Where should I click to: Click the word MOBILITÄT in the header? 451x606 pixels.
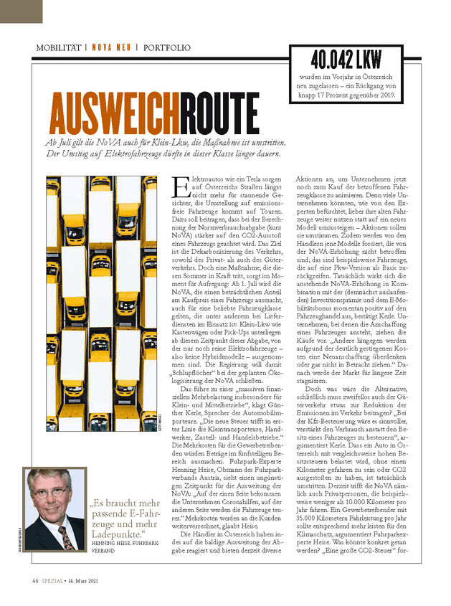coord(60,48)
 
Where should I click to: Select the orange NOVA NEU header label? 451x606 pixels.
coord(111,48)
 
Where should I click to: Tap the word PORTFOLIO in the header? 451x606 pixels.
coord(167,48)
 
